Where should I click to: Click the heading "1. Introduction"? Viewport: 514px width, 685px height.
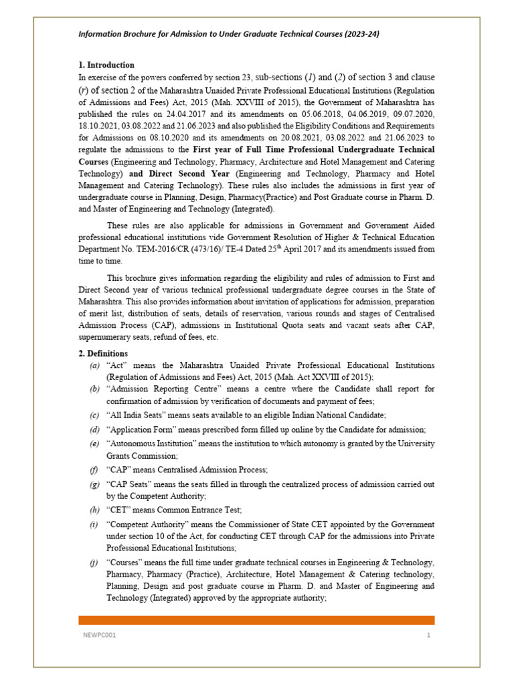tap(106, 65)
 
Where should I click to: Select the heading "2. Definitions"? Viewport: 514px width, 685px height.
tap(103, 353)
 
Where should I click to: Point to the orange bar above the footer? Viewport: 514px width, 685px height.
tap(256, 620)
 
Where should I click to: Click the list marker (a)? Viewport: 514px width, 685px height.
tap(94, 365)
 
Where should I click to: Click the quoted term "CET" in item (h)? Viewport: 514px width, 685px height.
tap(119, 510)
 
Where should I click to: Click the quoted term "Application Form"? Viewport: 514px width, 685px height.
tap(139, 429)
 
